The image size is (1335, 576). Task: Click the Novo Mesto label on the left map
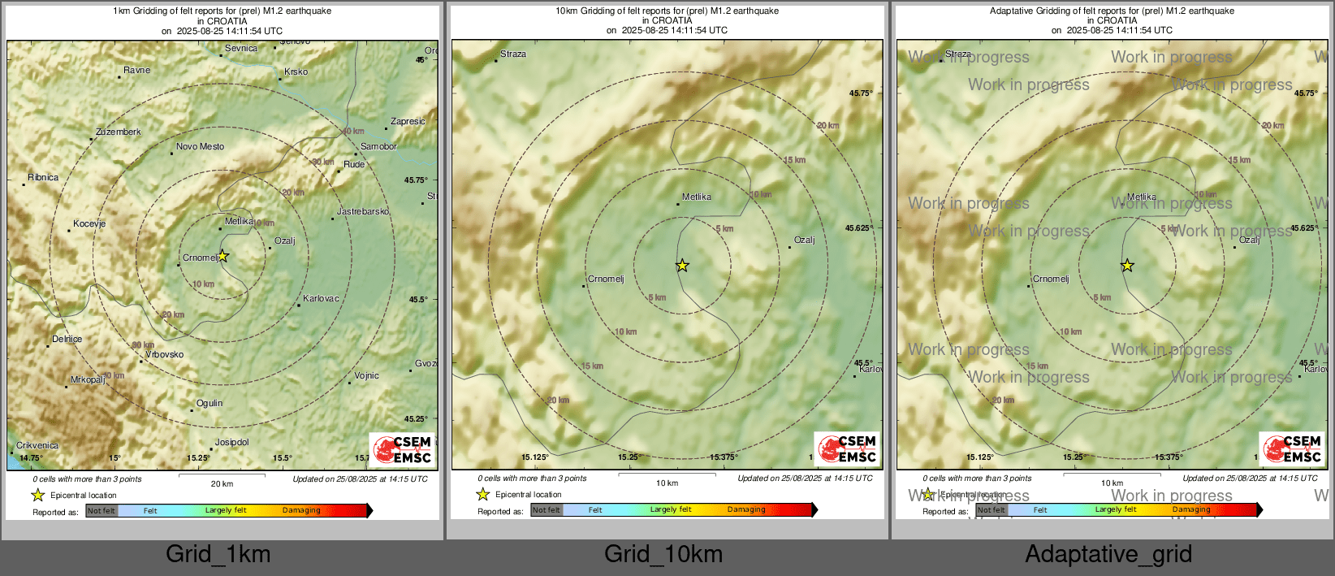pos(200,147)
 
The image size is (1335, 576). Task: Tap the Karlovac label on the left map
pos(321,299)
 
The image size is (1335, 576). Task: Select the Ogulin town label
pos(209,404)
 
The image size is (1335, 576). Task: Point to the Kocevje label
pos(89,224)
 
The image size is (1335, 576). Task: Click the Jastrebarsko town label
pos(362,212)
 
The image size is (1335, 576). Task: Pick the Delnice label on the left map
pos(67,340)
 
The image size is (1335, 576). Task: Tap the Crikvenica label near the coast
pos(37,446)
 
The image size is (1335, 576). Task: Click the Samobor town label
pos(378,147)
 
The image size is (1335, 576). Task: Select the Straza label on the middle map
pos(513,54)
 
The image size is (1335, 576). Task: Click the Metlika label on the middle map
pos(697,197)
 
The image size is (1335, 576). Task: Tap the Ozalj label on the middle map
pos(804,240)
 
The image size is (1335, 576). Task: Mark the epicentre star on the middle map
pos(683,266)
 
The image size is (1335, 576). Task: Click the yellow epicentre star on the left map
pos(223,257)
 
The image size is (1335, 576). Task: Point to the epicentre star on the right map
pos(1127,266)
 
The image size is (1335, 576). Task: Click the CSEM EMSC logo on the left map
pos(402,449)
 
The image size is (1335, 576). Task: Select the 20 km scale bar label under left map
pos(222,484)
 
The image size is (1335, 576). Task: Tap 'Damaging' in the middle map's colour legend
pos(746,510)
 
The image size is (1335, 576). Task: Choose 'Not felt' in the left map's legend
pos(102,511)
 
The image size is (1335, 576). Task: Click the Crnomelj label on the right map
pos(1051,279)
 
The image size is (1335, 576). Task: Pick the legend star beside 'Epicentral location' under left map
pos(38,496)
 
